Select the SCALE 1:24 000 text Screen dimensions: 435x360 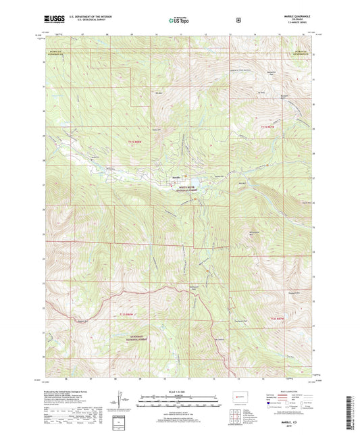(179, 390)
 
